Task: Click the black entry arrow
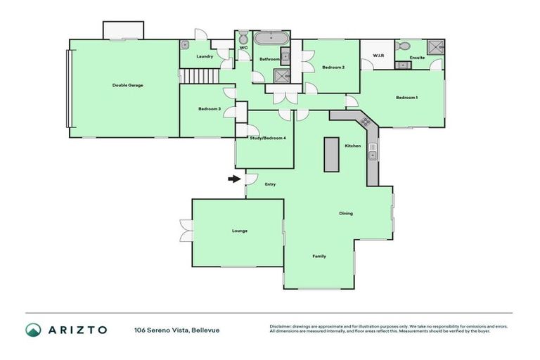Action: tap(233, 179)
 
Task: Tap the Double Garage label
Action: tap(127, 85)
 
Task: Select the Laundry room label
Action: tap(205, 56)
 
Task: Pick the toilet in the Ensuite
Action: tap(401, 45)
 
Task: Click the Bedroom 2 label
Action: tap(333, 67)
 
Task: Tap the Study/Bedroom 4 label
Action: tap(268, 138)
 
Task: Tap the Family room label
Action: tap(319, 256)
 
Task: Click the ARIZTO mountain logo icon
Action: tap(33, 329)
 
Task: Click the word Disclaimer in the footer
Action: tap(281, 326)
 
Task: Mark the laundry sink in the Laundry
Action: tap(186, 44)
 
